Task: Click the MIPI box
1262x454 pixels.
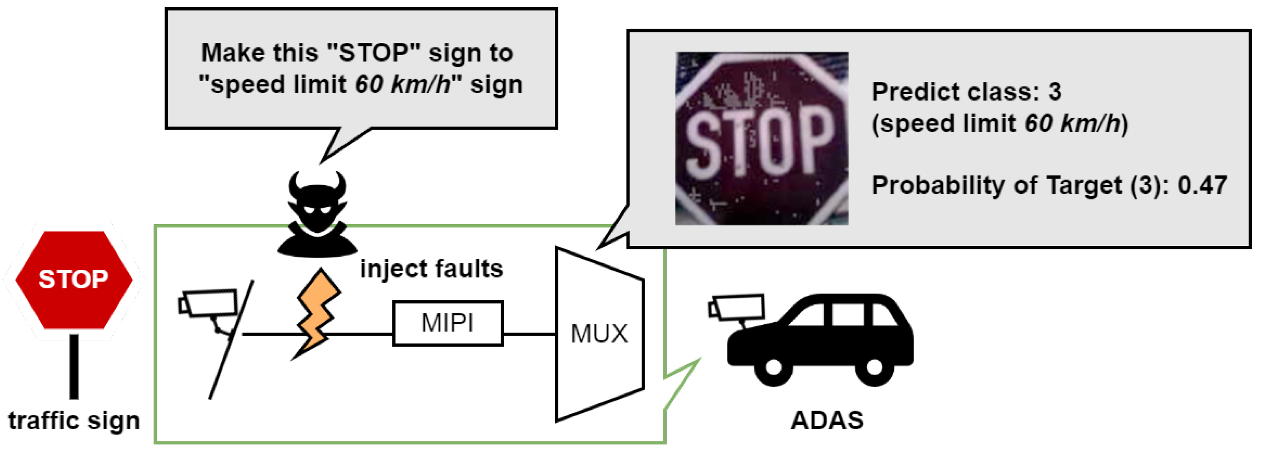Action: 447,323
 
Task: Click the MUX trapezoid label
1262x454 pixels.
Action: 599,334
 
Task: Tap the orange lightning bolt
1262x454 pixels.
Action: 317,314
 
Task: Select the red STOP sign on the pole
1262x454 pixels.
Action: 74,279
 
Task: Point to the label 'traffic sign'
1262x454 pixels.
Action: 74,420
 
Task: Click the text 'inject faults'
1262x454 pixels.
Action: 431,268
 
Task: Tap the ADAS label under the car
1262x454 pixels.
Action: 827,420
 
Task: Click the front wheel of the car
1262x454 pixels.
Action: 773,367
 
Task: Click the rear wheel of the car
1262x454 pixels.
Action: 874,367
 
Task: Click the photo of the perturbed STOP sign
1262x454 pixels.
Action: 761,138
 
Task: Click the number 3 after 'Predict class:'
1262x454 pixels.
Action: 1055,91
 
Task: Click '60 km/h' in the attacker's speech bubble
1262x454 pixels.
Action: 403,84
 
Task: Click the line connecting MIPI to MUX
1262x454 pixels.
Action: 529,334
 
